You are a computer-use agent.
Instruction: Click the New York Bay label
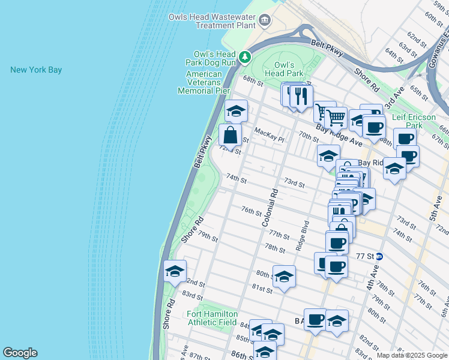tap(36, 70)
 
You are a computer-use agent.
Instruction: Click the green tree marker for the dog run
tap(244, 58)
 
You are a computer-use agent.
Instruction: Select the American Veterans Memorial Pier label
tap(204, 82)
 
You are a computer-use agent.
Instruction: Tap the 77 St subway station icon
tap(379, 256)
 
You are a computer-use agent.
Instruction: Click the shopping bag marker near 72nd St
tap(230, 135)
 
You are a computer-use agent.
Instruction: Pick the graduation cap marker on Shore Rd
tap(175, 271)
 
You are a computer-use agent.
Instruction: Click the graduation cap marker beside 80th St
tap(284, 276)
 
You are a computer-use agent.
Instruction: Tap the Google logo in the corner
tap(20, 353)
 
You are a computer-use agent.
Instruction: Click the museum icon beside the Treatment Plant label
tap(264, 22)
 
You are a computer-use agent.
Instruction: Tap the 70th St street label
tap(309, 137)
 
